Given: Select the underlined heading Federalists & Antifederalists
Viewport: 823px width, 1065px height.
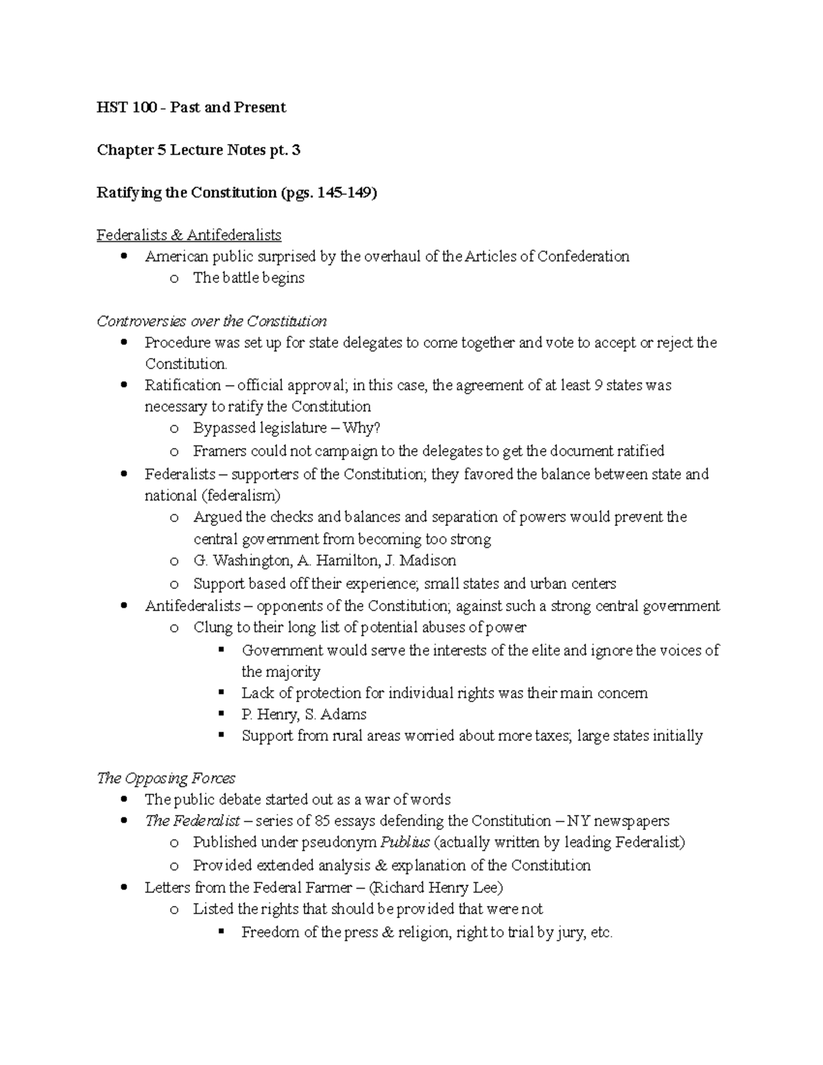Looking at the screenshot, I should pyautogui.click(x=189, y=235).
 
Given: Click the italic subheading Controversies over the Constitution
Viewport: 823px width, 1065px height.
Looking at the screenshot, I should pyautogui.click(x=211, y=321).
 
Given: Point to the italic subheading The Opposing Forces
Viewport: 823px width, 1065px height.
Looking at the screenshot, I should pyautogui.click(x=166, y=778).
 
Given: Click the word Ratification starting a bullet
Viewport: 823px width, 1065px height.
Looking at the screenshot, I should pyautogui.click(x=182, y=385).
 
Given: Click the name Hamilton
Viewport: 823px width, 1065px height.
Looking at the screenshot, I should pyautogui.click(x=348, y=560).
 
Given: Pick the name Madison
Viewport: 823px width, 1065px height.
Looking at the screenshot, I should pyautogui.click(x=427, y=560).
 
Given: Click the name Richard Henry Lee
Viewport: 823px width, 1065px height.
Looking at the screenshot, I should pyautogui.click(x=436, y=887).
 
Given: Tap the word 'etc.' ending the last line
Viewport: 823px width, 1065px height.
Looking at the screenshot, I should pyautogui.click(x=601, y=933).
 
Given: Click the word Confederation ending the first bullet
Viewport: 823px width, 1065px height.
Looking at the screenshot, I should pyautogui.click(x=583, y=256).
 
